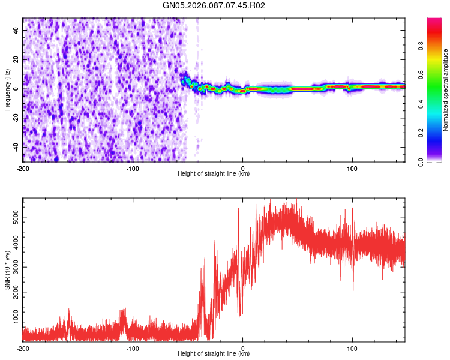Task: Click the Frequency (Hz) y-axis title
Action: tap(7, 90)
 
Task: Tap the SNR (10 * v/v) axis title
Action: tap(7, 269)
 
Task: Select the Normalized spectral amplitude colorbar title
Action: tap(446, 90)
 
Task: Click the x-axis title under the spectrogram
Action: tap(214, 174)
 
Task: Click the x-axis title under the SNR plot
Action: tap(214, 354)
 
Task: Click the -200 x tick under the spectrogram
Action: tap(23, 167)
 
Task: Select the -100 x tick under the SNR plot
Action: tap(133, 347)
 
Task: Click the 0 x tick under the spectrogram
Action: tap(242, 167)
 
